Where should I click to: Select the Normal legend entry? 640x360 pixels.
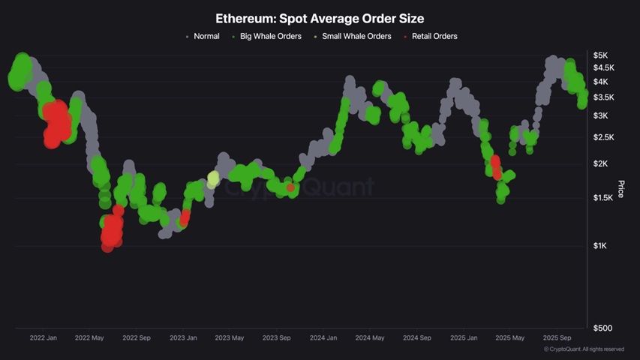(x=206, y=36)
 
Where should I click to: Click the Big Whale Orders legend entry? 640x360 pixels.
(x=271, y=36)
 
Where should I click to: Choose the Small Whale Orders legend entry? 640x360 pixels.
(x=356, y=36)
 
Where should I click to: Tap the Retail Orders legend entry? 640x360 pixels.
(x=434, y=36)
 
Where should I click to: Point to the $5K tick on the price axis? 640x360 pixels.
(x=599, y=55)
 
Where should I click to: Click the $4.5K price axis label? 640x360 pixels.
(x=603, y=67)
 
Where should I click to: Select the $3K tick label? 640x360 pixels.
(x=599, y=115)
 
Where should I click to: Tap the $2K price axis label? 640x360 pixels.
(x=599, y=163)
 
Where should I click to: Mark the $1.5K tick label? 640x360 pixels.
(x=603, y=197)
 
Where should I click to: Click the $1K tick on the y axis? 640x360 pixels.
(x=599, y=246)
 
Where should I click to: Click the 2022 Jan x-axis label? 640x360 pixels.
(x=43, y=338)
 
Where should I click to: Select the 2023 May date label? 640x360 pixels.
(x=229, y=338)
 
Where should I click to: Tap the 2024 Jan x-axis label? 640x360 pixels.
(x=323, y=338)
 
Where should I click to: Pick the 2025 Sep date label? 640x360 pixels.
(x=556, y=338)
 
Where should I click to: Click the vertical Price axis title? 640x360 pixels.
(x=620, y=189)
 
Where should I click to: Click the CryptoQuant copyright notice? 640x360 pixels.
(x=584, y=349)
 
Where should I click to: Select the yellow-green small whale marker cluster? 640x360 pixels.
(x=213, y=179)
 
